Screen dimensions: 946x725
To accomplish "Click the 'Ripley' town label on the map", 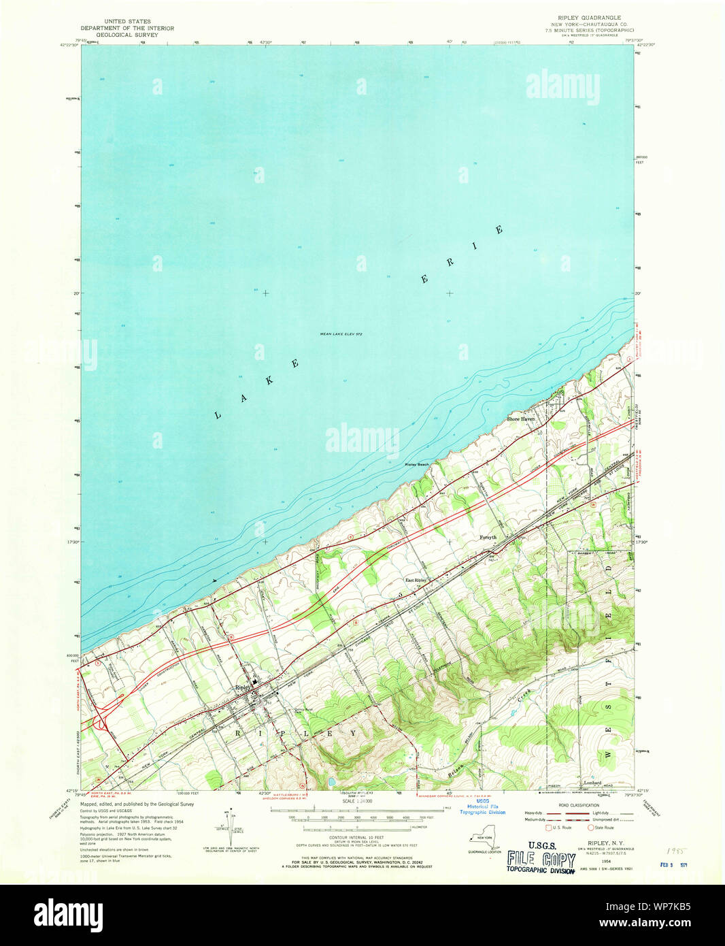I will [x=243, y=687].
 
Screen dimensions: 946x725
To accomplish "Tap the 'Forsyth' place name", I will [x=488, y=537].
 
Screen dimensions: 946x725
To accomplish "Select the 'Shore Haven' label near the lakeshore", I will [x=520, y=419].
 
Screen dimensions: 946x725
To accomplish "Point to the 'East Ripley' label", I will [x=416, y=580].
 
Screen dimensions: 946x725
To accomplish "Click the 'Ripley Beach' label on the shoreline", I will [x=417, y=464].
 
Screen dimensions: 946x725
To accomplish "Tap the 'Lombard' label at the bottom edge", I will [x=592, y=783].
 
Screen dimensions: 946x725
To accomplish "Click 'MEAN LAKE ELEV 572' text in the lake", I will [x=341, y=334].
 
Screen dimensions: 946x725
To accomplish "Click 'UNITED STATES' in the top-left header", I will [x=127, y=22].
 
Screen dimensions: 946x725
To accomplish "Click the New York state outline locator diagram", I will [x=484, y=839].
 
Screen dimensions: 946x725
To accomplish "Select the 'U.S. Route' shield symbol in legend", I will [x=549, y=828].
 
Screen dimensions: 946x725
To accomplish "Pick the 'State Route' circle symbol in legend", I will [x=590, y=828].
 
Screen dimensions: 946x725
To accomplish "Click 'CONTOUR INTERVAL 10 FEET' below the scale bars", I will [x=356, y=837].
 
